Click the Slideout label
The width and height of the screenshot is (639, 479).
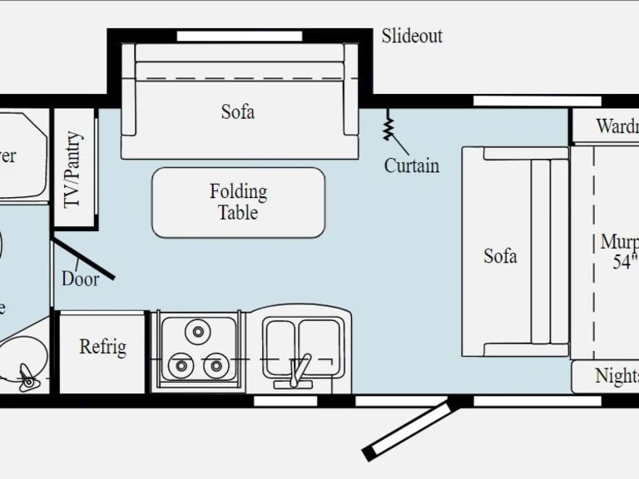coord(412,36)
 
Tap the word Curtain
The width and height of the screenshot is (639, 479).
coord(411,165)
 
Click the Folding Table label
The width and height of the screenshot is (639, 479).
coord(238,202)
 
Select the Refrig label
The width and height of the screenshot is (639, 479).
coord(102,347)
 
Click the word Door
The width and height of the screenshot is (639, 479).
coord(80,279)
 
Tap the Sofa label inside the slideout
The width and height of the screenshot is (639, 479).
coord(238,111)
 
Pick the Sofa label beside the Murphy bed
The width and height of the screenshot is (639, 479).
coord(500,255)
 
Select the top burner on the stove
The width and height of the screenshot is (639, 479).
coord(198,332)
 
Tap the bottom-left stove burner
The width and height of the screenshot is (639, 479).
coord(178,364)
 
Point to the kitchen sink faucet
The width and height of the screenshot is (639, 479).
coord(301,370)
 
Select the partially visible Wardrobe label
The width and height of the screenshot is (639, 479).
coord(617,127)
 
